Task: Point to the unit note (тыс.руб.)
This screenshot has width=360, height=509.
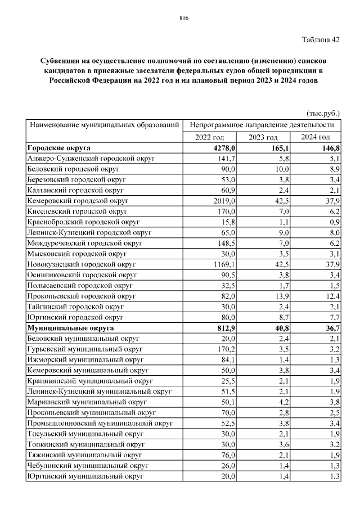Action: (323, 112)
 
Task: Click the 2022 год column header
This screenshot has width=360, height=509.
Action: (210, 138)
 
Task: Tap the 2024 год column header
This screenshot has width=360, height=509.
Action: (315, 138)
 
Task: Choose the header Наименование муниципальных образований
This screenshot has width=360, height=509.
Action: (105, 124)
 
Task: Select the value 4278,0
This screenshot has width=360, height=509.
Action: (223, 148)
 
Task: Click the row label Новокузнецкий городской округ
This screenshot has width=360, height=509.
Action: (82, 263)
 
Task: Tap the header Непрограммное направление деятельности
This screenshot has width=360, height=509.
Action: (262, 124)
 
